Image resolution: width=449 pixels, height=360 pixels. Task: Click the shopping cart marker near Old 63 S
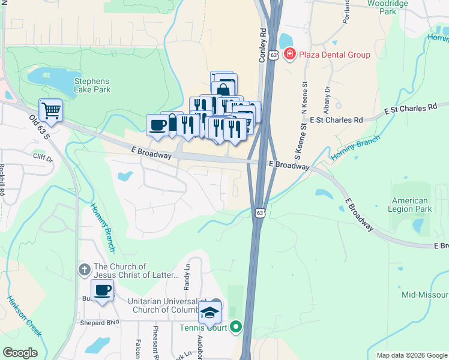coord(50,110)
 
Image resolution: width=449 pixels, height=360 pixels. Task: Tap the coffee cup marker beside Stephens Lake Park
coord(158,125)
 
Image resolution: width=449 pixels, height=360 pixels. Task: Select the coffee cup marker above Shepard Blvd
coord(102,291)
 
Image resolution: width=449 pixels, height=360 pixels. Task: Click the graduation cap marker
coord(210,312)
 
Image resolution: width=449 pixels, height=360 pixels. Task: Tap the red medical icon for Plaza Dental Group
coord(290,55)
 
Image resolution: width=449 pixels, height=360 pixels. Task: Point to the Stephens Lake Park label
coord(92,85)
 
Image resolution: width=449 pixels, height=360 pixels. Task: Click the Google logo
coord(20,353)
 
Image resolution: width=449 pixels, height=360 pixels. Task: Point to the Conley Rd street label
coord(262,44)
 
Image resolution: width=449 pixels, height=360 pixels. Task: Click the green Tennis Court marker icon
coord(236,328)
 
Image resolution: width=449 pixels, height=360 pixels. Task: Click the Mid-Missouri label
coord(425,295)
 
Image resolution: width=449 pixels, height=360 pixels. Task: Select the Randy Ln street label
coord(187,275)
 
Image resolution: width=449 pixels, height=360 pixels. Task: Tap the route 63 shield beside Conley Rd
coord(274,55)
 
